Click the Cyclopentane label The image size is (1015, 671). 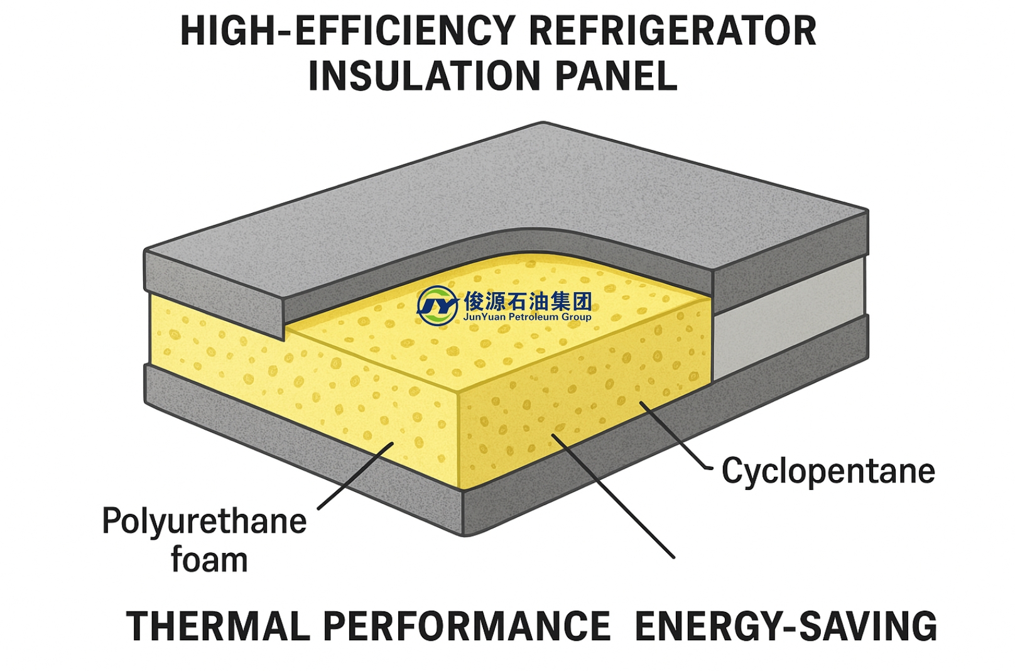(828, 471)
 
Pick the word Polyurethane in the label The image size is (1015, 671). (204, 521)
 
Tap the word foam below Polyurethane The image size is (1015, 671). (209, 560)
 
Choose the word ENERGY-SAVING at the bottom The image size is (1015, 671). (786, 626)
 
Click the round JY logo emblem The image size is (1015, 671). (437, 305)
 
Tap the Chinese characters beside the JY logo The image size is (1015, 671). (528, 301)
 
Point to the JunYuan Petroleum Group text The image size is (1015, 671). (527, 317)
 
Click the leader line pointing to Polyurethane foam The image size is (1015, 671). (355, 476)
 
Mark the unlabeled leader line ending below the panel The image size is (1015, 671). (612, 496)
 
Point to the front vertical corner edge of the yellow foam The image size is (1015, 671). (460, 440)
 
